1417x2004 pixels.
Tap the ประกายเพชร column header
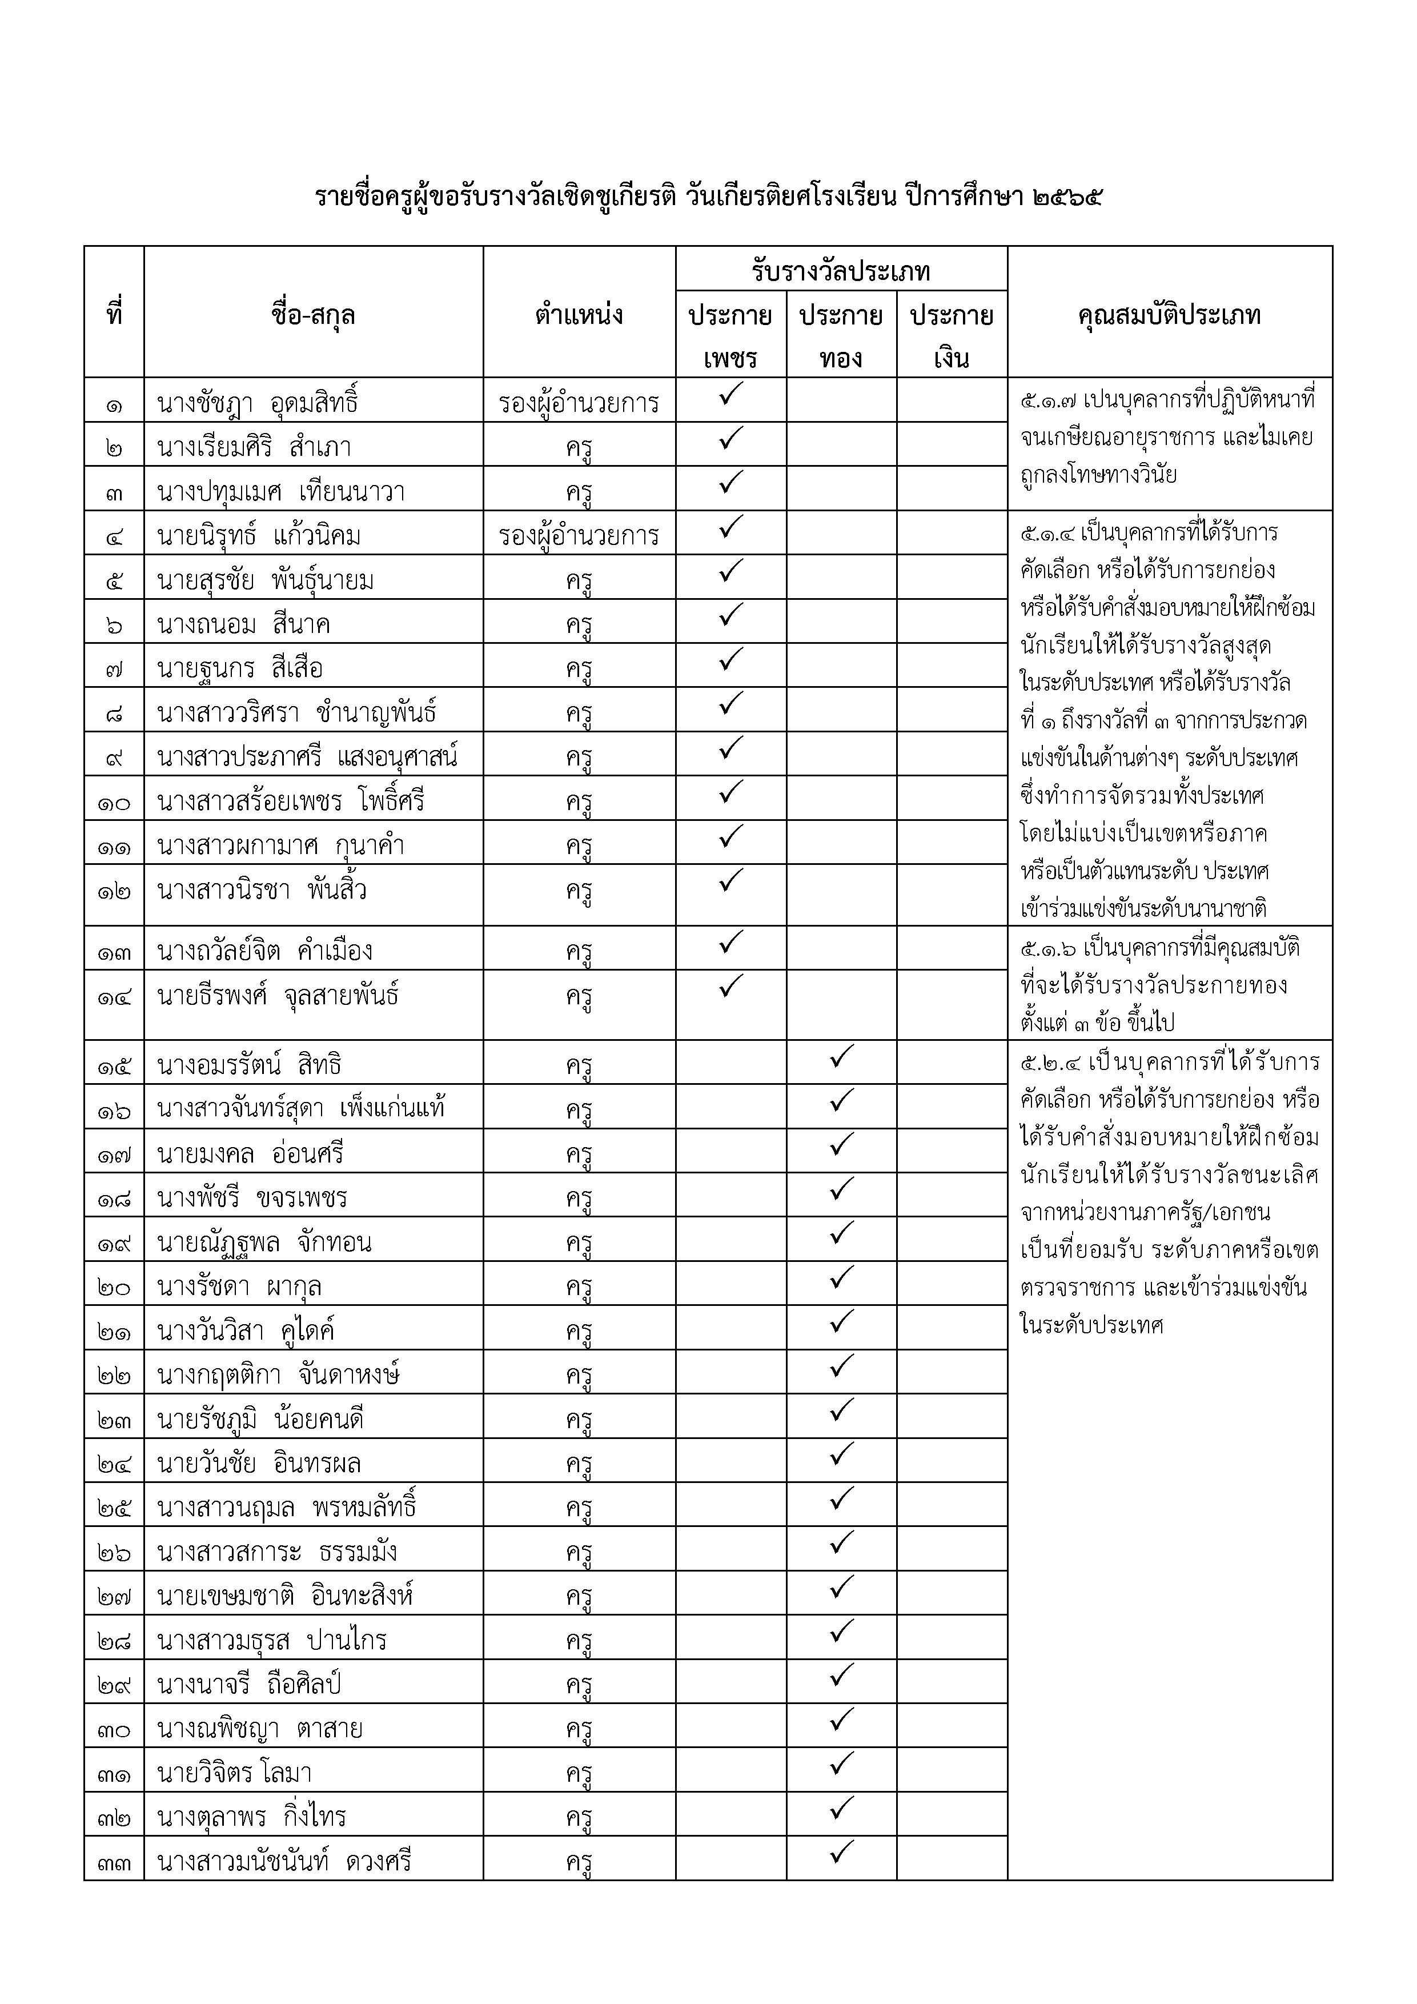(730, 336)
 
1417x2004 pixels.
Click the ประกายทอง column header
(841, 336)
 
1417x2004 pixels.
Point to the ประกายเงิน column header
(952, 336)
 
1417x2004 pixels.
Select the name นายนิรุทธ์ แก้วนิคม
(259, 536)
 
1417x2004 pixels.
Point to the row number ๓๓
(114, 1862)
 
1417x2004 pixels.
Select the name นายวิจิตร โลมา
(235, 1773)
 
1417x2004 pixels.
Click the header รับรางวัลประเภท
(841, 271)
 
